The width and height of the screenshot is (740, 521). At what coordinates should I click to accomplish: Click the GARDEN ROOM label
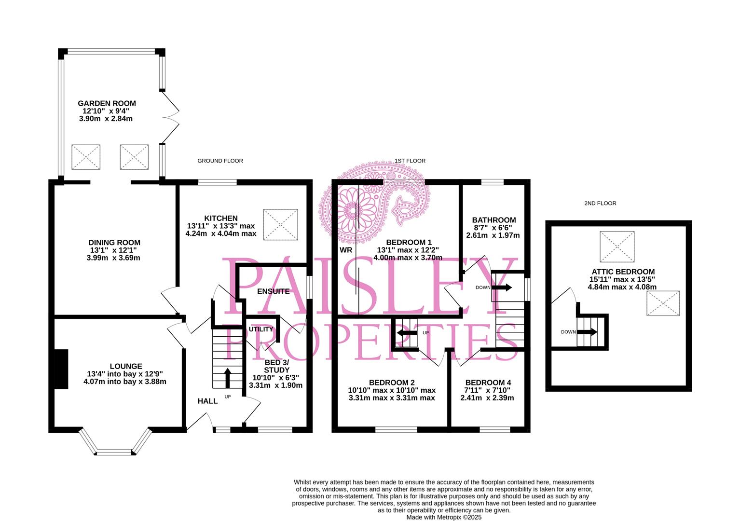coord(107,103)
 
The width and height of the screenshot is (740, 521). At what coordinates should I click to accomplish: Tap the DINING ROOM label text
coord(114,243)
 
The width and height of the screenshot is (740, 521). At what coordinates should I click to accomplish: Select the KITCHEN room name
coord(220,218)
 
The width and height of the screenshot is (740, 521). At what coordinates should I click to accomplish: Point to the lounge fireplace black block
coord(61,369)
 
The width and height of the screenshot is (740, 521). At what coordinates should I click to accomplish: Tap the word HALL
coord(207,401)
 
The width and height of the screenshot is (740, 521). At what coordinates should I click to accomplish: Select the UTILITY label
coord(261,329)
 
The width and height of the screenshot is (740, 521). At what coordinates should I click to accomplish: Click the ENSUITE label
coord(273,291)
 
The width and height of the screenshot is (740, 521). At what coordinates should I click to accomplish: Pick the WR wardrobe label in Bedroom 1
coord(346,250)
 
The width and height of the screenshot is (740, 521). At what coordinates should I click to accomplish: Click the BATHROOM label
coord(493,220)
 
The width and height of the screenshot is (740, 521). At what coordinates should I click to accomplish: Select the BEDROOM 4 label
coord(488,382)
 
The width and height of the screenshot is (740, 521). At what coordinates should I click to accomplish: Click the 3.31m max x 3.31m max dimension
coord(392,398)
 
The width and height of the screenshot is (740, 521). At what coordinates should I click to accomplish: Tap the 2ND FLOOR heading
coord(600,204)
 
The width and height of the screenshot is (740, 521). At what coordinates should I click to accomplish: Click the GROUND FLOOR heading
coord(220,161)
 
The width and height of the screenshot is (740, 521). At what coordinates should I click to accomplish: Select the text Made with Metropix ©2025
coord(444,517)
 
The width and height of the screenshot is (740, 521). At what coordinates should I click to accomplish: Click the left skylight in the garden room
coord(86,157)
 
